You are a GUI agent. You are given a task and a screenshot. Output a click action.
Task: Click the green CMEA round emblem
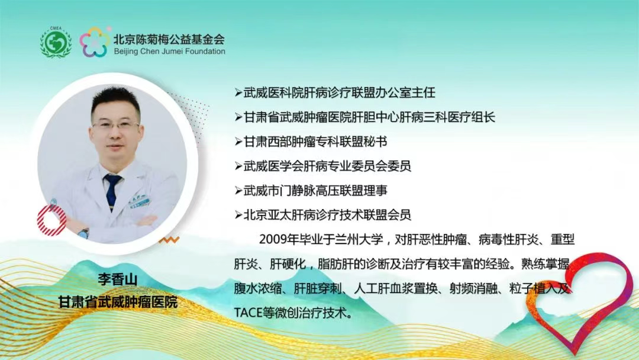(x=56, y=43)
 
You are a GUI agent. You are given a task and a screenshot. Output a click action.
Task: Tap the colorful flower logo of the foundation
(x=94, y=43)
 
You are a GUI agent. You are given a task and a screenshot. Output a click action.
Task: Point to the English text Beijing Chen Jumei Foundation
(x=169, y=52)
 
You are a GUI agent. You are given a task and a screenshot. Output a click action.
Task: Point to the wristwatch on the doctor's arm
(x=83, y=232)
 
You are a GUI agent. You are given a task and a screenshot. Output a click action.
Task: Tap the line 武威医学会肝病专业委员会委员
(x=322, y=166)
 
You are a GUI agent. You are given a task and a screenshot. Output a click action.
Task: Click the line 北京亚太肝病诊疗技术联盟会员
(x=322, y=214)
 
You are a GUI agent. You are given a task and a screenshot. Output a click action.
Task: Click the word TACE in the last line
(x=248, y=313)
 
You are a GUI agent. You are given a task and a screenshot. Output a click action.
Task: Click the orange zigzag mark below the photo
(x=171, y=240)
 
